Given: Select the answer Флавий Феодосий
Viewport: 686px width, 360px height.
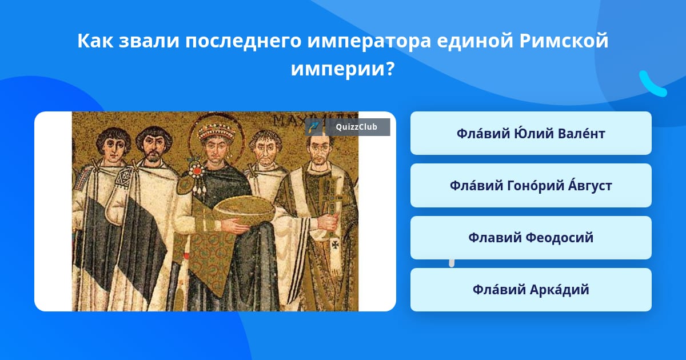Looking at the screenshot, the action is point(531,238).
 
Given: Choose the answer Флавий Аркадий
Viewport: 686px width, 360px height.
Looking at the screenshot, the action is point(531,290).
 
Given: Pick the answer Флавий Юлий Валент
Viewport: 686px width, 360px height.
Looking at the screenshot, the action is point(531,133).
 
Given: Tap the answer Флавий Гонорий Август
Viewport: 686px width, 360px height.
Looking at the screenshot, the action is point(531,186).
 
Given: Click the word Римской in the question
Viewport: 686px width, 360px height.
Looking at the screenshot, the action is point(564,41).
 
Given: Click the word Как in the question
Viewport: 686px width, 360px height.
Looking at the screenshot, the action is point(95,41).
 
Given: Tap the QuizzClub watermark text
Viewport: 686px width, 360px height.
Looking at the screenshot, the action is point(356,127).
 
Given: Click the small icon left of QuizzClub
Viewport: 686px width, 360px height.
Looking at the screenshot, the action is point(314,127).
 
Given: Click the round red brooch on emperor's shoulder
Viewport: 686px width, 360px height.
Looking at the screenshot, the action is point(196,170).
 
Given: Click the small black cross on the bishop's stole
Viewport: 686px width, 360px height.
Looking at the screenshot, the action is point(336,245).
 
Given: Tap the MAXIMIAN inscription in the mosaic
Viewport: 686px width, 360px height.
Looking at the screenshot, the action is point(316,120).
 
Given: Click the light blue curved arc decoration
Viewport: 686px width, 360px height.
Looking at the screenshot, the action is point(652,84).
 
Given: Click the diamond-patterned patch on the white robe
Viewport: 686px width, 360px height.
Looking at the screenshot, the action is point(125,177).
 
